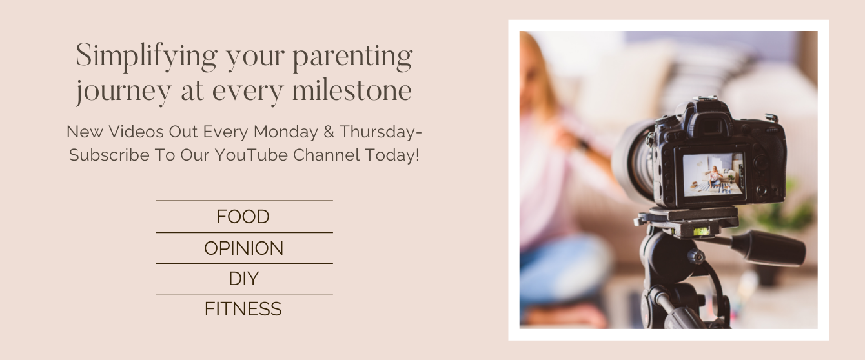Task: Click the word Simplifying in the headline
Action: click(147, 57)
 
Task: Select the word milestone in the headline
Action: click(352, 90)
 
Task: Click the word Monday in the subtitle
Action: click(286, 132)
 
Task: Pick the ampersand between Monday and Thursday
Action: click(329, 132)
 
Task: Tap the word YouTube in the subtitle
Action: click(251, 155)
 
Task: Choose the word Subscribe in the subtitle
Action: click(109, 155)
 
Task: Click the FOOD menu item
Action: click(243, 217)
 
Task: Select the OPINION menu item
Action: click(243, 248)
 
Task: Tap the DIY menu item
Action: click(243, 279)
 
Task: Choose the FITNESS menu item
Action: click(243, 308)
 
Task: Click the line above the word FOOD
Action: click(244, 201)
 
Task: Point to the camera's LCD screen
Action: click(713, 175)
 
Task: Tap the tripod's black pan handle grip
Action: click(768, 248)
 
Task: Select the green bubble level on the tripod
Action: click(702, 232)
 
